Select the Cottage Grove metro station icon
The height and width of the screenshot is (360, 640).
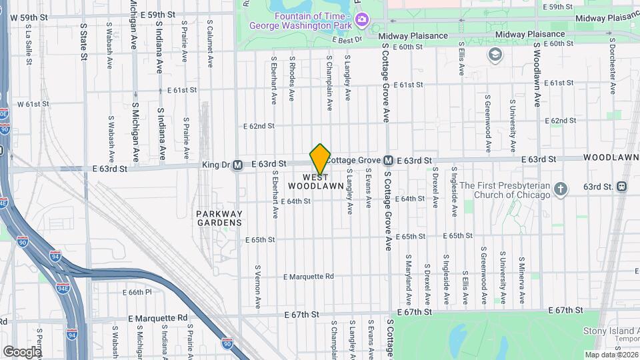pyautogui.click(x=387, y=161)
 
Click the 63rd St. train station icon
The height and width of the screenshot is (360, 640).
pyautogui.click(x=621, y=186)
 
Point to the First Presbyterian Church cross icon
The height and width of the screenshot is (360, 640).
pyautogui.click(x=561, y=189)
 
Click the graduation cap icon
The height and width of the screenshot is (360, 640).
pyautogui.click(x=495, y=53)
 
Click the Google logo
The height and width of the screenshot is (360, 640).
pyautogui.click(x=22, y=351)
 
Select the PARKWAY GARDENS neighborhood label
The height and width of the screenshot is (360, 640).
pyautogui.click(x=219, y=218)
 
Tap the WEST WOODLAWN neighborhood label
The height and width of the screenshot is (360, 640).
pyautogui.click(x=316, y=181)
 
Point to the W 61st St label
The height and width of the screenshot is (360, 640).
pyautogui.click(x=33, y=104)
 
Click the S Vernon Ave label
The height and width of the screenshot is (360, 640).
pyautogui.click(x=258, y=286)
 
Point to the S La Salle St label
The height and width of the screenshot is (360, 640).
pyautogui.click(x=29, y=45)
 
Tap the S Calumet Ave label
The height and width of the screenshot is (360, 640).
pyautogui.click(x=209, y=46)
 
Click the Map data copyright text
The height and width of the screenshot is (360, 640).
pyautogui.click(x=611, y=355)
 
